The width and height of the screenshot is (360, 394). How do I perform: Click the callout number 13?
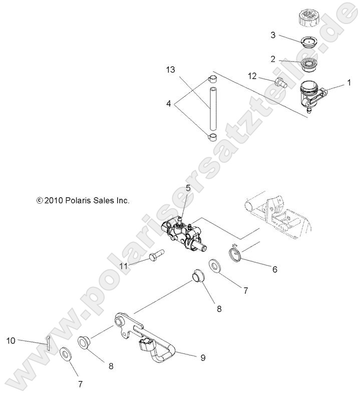[171, 70]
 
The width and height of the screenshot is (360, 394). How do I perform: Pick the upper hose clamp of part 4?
[212, 80]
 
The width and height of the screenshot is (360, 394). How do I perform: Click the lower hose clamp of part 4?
[212, 136]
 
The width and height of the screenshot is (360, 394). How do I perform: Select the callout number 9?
[203, 357]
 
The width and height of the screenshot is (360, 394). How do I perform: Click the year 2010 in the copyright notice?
[53, 200]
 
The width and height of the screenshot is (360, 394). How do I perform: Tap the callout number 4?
[169, 104]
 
